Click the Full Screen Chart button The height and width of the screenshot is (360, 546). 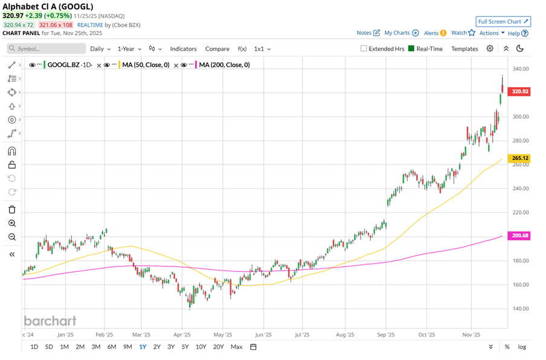coord(503,22)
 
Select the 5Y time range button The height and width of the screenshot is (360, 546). coord(185,347)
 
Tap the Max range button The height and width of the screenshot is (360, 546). coord(236,347)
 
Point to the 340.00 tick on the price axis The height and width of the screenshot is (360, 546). coord(520,69)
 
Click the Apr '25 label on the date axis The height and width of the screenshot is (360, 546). coord(182,333)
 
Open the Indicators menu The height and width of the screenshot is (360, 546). coord(183,49)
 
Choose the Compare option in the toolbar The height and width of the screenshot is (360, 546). coord(217,49)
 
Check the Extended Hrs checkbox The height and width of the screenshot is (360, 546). coord(364,49)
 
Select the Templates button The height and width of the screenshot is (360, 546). coord(464,49)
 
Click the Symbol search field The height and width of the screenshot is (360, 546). coord(45,49)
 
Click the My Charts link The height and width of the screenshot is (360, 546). coord(401,33)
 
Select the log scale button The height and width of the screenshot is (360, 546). coord(522,347)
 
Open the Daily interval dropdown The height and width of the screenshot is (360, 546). coord(100,49)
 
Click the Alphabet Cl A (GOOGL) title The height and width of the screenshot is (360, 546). coord(48,7)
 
